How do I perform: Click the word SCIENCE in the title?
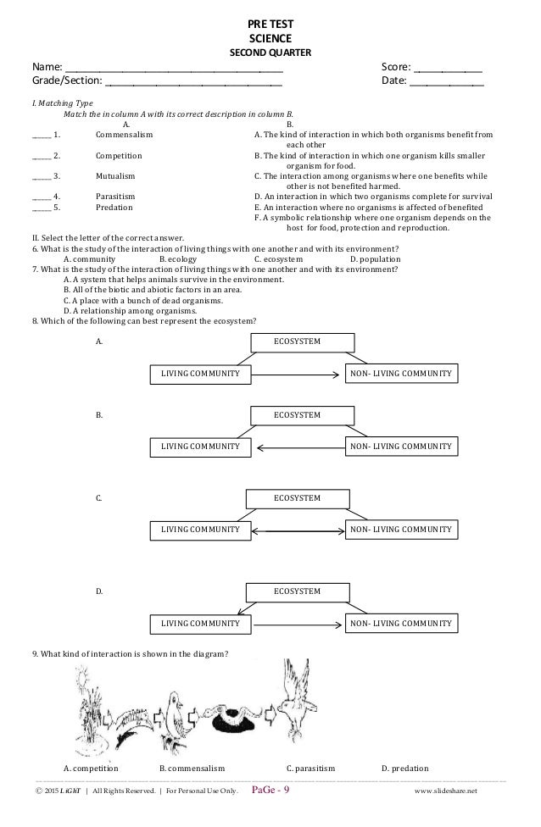click(270, 38)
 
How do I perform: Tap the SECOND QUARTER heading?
click(270, 53)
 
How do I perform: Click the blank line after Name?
click(175, 69)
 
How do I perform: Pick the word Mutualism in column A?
click(115, 175)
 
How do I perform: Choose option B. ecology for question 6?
click(178, 259)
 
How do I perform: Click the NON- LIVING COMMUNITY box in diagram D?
click(400, 624)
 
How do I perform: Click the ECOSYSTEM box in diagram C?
click(296, 497)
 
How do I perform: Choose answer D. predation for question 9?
click(404, 769)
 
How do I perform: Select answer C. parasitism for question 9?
click(311, 769)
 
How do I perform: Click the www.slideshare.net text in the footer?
click(446, 792)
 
